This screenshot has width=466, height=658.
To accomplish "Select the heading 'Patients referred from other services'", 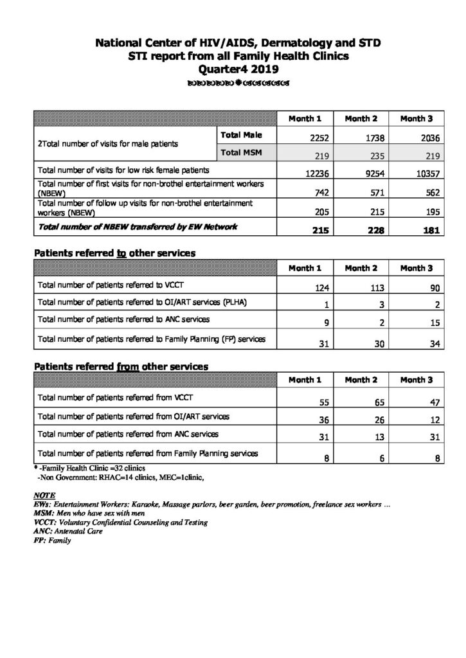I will pyautogui.click(x=121, y=366).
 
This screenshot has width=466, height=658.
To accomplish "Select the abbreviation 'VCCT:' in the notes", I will pyautogui.click(x=44, y=523).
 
